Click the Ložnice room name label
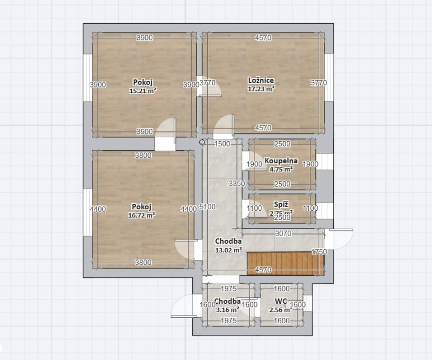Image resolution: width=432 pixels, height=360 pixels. pos(261,81)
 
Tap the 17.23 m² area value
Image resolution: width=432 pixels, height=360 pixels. pos(261,89)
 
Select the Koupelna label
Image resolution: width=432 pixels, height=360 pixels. pos(281,161)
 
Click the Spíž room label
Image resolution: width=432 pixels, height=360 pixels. pos(281,205)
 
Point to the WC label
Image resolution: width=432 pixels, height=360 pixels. pos(280,301)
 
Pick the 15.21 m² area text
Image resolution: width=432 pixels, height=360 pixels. pos(143,91)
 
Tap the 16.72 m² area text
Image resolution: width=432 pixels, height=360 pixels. pos(142,215)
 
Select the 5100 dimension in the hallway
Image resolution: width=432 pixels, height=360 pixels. pos(207,206)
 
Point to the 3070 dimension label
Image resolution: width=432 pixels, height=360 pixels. pos(283,234)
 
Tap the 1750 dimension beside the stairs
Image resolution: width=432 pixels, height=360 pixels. pos(320,252)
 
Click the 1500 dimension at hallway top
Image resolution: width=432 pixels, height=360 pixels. pos(222,144)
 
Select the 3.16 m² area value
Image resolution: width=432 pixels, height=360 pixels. pos(227,310)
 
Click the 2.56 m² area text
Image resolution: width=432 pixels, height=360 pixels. pos(280,310)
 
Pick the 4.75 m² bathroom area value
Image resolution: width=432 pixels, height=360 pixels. pos(281,169)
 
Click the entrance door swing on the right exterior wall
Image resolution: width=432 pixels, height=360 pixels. pos(342,238)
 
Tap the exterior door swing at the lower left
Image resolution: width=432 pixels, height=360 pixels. pos(180,308)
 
